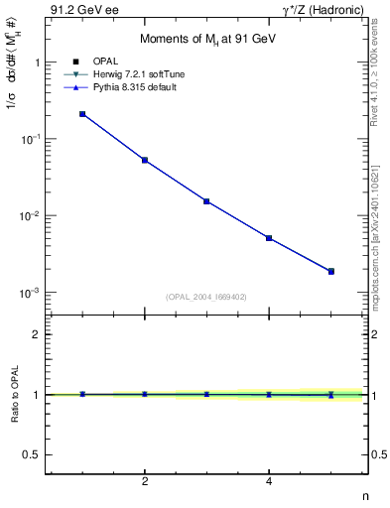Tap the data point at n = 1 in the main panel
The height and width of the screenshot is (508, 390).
[82, 114]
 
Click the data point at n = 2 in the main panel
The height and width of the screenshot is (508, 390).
[145, 160]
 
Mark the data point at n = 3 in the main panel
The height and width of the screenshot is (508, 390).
[206, 201]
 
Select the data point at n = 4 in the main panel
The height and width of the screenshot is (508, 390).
[269, 238]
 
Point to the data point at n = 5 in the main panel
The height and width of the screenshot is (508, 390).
[331, 271]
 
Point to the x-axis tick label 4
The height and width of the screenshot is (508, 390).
[269, 482]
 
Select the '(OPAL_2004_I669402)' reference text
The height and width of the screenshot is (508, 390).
[206, 295]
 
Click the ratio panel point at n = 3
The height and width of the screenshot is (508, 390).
[206, 394]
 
